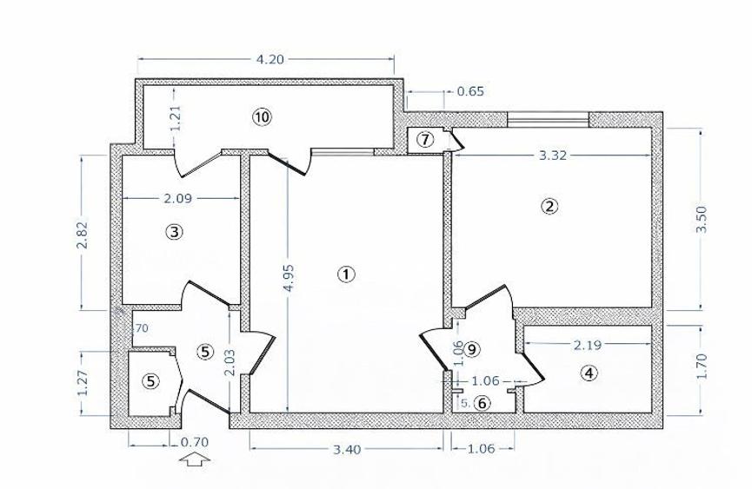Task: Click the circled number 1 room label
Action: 346,274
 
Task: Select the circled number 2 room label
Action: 549,207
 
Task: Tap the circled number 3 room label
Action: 176,232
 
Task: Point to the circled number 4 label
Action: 589,373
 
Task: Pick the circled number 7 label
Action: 423,139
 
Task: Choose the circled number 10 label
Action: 263,116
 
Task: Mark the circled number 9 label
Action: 472,349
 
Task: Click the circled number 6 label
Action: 482,402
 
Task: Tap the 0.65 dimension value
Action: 470,90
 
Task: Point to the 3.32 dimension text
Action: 553,156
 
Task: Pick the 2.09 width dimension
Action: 177,198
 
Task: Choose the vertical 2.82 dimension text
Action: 83,232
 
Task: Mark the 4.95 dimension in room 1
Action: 287,281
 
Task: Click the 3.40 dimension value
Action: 348,449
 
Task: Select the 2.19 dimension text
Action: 588,345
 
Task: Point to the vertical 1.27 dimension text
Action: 83,383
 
